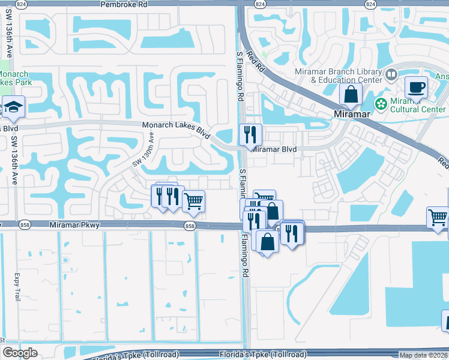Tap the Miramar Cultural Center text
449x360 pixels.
418,105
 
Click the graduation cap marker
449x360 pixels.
13,107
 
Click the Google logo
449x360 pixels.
20,353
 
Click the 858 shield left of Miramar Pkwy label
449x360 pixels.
24,225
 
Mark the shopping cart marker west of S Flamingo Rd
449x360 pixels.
193,202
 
